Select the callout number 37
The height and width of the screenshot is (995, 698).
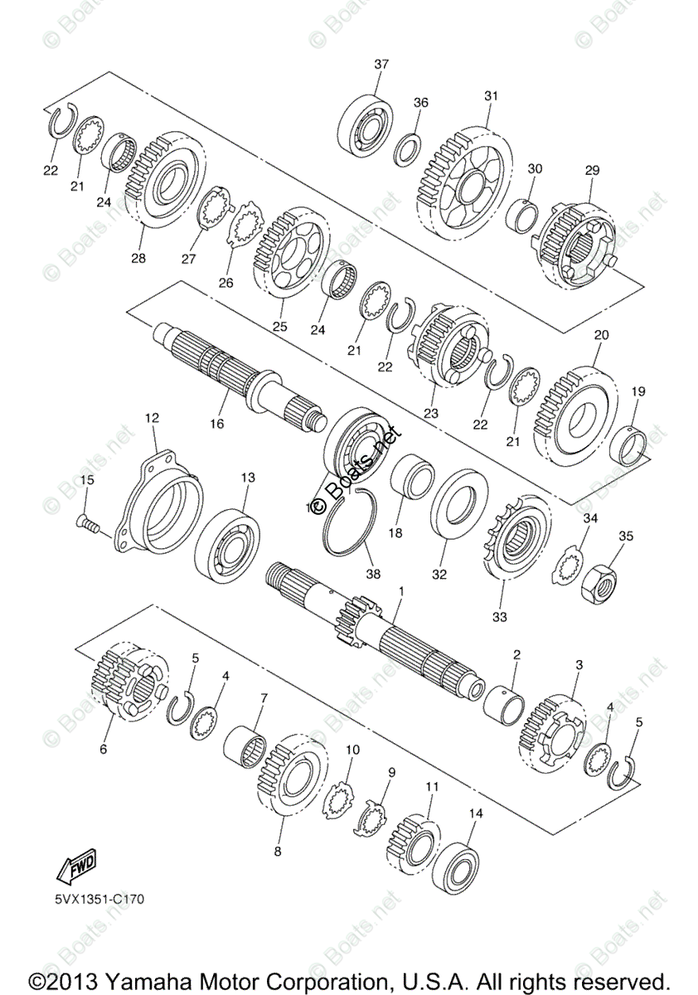381,64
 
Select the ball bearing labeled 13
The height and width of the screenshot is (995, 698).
227,542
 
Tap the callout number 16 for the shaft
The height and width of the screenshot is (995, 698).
216,424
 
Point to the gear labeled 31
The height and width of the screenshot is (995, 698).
464,183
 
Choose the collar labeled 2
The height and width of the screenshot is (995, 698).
506,700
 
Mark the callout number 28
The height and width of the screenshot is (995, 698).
138,259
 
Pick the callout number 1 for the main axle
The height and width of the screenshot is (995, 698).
401,591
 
